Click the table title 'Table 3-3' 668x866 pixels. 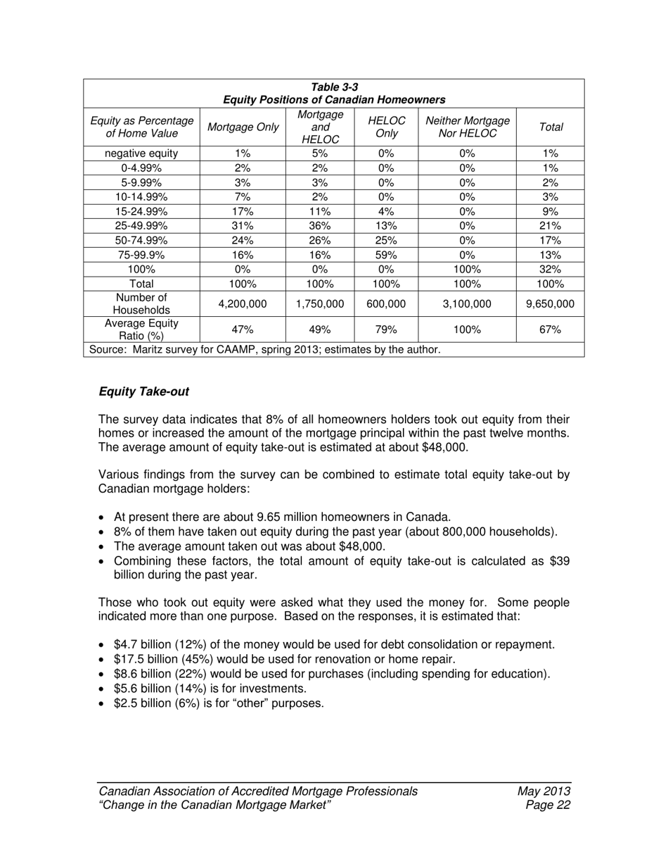[334, 88]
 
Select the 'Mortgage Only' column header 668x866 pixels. [243, 127]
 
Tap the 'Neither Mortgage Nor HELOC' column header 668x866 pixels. [467, 127]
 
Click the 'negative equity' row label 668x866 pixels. [141, 153]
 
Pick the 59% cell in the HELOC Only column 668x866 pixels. [386, 255]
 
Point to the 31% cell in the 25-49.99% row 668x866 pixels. [243, 226]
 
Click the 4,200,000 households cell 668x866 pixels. [243, 304]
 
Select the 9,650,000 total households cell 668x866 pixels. [550, 304]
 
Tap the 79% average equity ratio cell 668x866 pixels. [386, 330]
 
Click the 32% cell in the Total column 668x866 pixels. [550, 270]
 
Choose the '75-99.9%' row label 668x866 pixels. [141, 255]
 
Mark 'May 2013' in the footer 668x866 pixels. [544, 791]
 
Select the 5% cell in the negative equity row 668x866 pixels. [320, 153]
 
